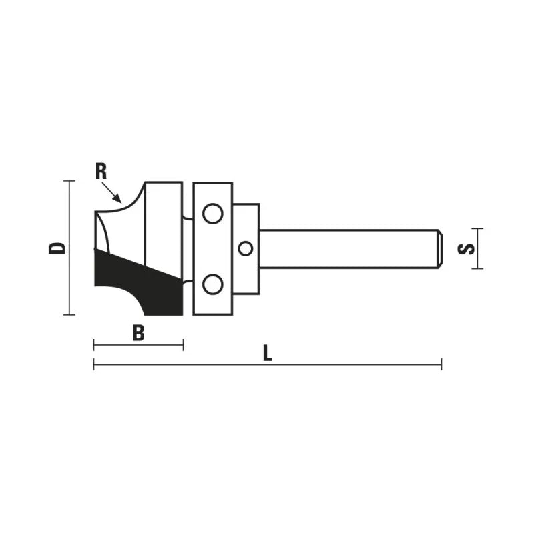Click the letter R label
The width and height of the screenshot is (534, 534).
pyautogui.click(x=101, y=171)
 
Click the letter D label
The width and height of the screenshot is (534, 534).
pyautogui.click(x=59, y=248)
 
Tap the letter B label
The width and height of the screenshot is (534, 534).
pyautogui.click(x=138, y=333)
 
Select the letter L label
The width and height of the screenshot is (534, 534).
pyautogui.click(x=268, y=353)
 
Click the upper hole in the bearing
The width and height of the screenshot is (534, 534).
pyautogui.click(x=213, y=214)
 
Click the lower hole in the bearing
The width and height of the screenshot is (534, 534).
pyautogui.click(x=213, y=284)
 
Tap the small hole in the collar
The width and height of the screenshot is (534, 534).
pyautogui.click(x=246, y=248)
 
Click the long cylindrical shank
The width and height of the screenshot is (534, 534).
pyautogui.click(x=347, y=248)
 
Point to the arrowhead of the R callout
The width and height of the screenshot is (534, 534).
pyautogui.click(x=119, y=200)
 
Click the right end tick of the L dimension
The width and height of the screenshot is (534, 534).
pyautogui.click(x=441, y=364)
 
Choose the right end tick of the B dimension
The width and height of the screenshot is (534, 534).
pyautogui.click(x=183, y=344)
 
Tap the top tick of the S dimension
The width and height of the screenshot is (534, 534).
pyautogui.click(x=476, y=228)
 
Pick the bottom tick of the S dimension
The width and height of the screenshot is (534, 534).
pyautogui.click(x=476, y=268)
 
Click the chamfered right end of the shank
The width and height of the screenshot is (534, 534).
pyautogui.click(x=439, y=248)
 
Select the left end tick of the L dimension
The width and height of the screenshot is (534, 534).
pyautogui.click(x=94, y=364)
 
